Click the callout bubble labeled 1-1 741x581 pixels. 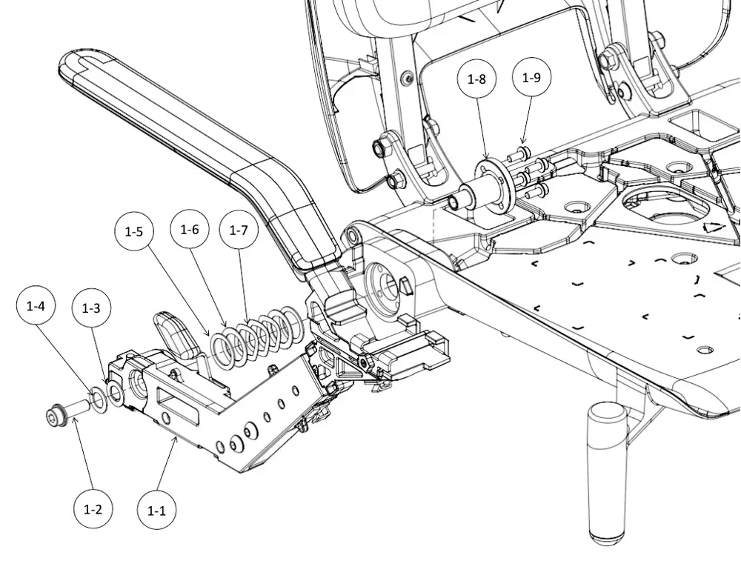(156, 510)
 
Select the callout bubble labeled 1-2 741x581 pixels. (93, 510)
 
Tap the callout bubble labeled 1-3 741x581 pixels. (90, 309)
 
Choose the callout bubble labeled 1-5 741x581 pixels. (134, 231)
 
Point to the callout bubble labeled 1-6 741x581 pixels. (190, 230)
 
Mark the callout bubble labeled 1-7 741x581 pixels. (239, 230)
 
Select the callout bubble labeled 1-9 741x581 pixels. (531, 76)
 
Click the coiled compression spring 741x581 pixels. (256, 333)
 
